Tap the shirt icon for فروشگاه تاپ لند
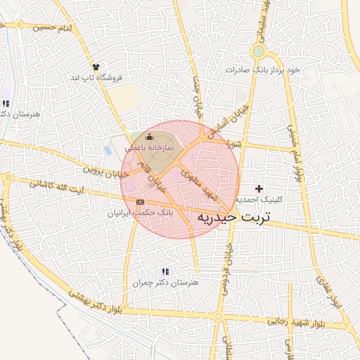coord(96,66)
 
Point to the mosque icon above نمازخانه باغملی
coord(148,137)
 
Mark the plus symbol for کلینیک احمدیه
coord(259,188)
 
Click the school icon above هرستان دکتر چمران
coord(165,271)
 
